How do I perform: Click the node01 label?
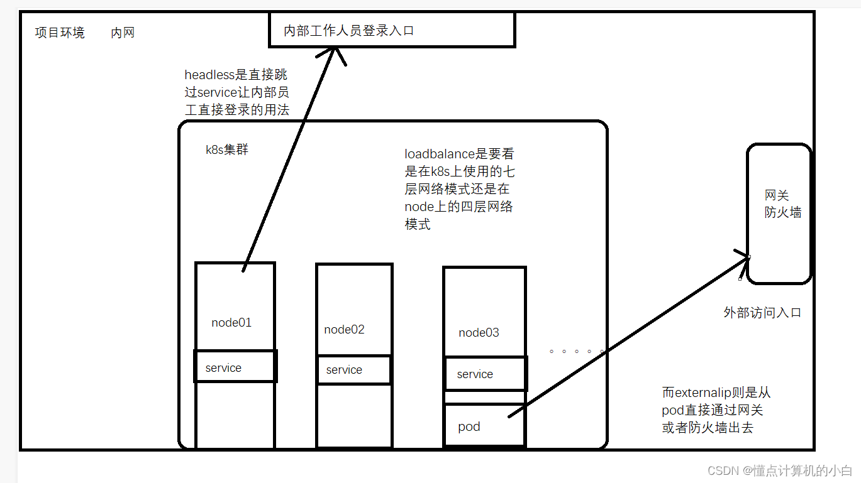(231, 323)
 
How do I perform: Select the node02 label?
(344, 330)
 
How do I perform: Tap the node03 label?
(479, 333)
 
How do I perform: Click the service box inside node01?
(235, 367)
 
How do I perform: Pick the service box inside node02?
(353, 370)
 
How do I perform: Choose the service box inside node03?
(485, 374)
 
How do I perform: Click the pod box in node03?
(484, 425)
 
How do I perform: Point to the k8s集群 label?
(227, 150)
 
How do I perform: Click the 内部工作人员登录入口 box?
(392, 30)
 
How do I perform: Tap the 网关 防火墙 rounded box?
(779, 214)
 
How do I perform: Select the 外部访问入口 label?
(762, 313)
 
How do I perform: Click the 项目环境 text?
(60, 33)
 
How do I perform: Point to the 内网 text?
(123, 33)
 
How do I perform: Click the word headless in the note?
(209, 75)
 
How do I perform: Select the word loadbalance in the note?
(438, 155)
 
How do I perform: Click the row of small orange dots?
(576, 352)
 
